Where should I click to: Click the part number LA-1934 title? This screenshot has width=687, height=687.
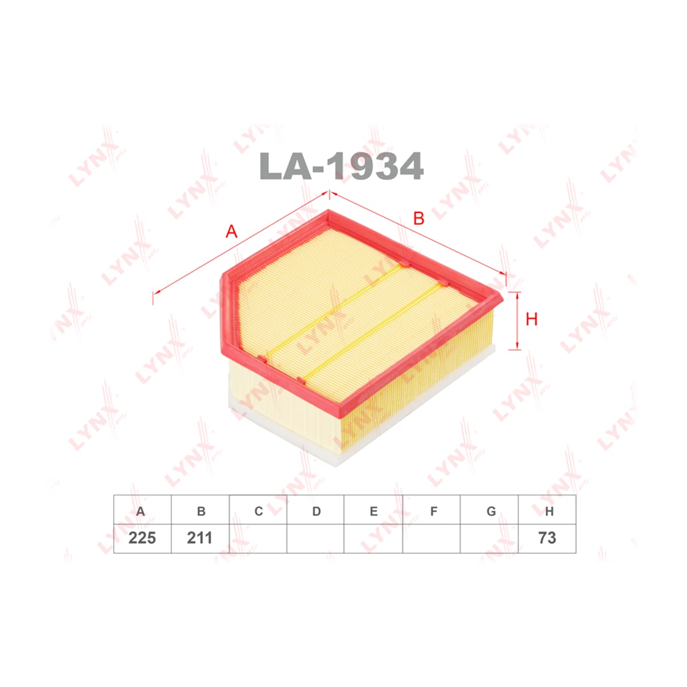coord(341,166)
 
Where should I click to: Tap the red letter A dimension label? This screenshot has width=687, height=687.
coord(232,231)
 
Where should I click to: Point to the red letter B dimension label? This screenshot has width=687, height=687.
coord(418,218)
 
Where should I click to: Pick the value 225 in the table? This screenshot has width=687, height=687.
coord(142,538)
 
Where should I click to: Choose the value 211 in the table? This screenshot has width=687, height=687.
coord(200,538)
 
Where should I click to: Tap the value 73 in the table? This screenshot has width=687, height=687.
coord(547,538)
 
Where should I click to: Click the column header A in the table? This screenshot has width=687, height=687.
coord(141,511)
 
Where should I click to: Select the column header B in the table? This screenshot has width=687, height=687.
coord(201,511)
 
